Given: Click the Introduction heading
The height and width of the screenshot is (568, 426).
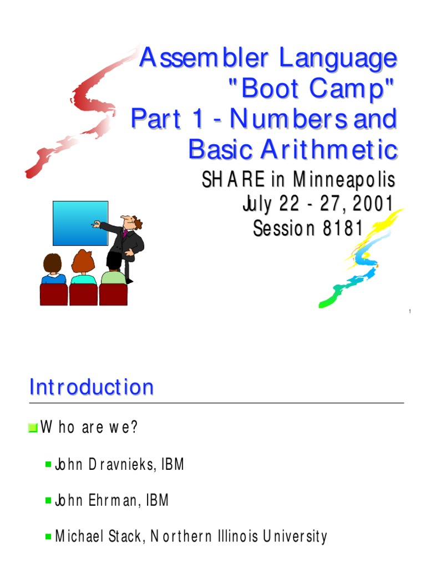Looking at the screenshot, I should click(92, 387).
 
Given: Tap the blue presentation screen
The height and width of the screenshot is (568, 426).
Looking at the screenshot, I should click(80, 223).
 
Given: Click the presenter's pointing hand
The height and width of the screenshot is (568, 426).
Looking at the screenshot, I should click(97, 225).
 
